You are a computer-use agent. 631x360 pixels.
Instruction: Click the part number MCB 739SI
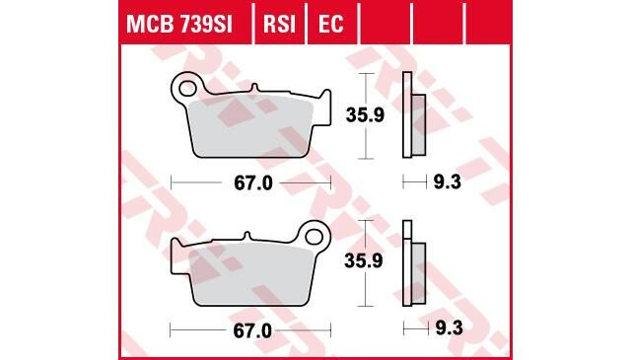[x=178, y=23]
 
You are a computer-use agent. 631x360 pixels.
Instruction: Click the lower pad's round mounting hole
[x=315, y=236]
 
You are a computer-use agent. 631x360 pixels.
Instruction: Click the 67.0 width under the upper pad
[x=251, y=182]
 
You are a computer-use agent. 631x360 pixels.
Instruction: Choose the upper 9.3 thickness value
[x=447, y=182]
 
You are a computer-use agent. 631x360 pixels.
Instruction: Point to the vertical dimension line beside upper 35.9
[x=367, y=115]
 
